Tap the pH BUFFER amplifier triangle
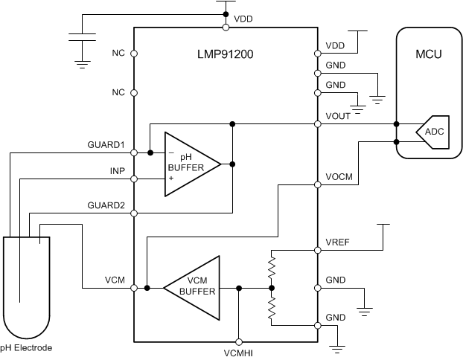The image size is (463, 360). click(189, 163)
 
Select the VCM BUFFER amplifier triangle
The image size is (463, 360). click(196, 287)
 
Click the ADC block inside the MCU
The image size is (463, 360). click(433, 132)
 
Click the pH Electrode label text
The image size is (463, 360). click(26, 347)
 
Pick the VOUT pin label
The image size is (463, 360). click(339, 117)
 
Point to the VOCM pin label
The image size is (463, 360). click(339, 178)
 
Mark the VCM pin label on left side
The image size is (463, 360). click(115, 280)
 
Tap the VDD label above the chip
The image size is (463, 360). click(243, 18)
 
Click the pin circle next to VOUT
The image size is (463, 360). click(318, 123)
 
